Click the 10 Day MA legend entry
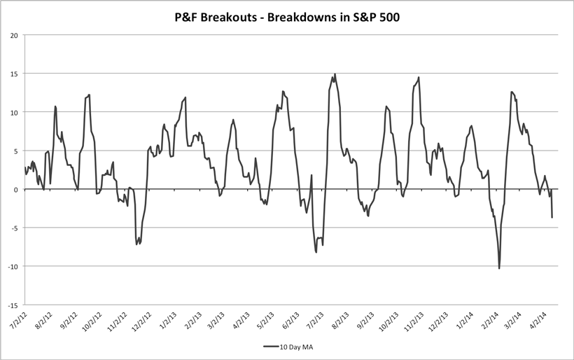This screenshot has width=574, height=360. (293, 346)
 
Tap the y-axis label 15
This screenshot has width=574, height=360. (13, 74)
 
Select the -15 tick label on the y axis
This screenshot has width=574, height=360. (12, 305)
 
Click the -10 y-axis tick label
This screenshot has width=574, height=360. (12, 267)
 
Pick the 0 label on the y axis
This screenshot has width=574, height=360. (15, 189)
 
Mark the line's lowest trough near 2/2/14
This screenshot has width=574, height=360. (499, 268)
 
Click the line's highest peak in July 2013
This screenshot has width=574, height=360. (335, 74)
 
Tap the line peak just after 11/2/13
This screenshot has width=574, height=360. (419, 77)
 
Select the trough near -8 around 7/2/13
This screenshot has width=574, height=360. (316, 252)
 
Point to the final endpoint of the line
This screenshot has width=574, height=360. (552, 217)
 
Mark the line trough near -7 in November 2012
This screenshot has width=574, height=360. (136, 244)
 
